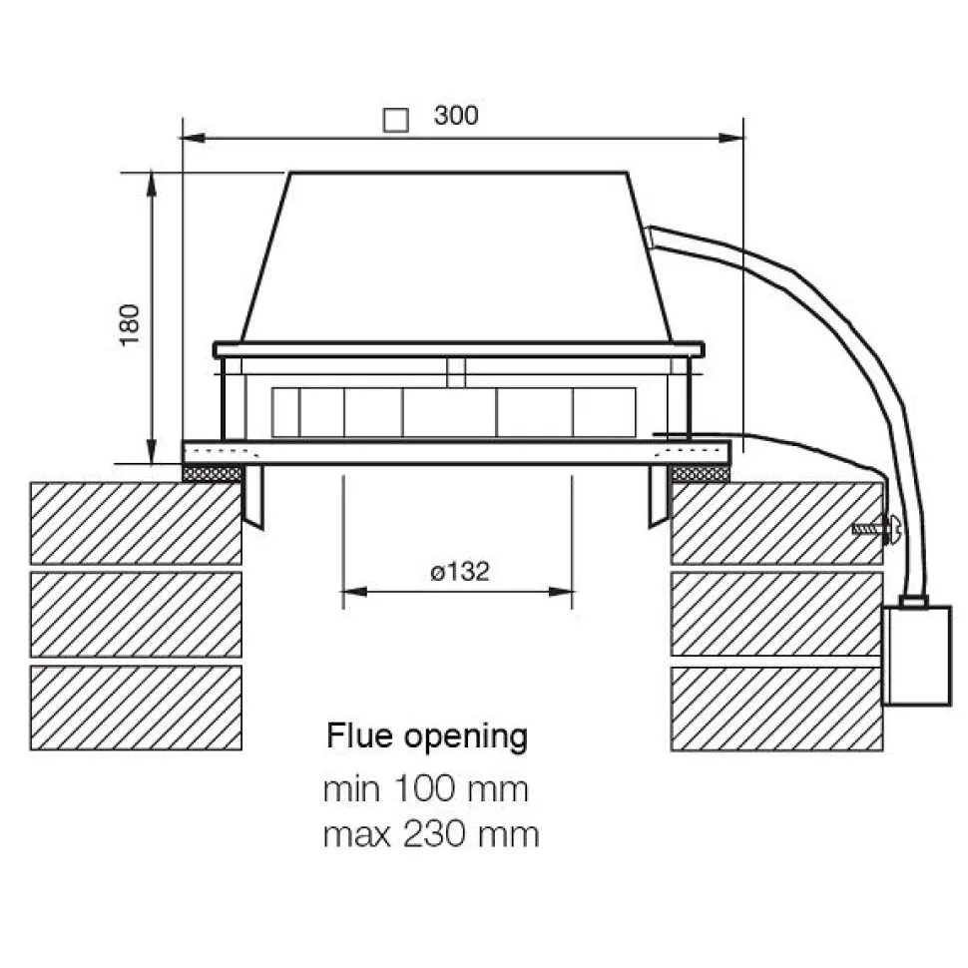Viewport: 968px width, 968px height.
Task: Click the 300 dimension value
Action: pos(456,116)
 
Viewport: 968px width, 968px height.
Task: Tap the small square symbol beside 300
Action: pos(396,121)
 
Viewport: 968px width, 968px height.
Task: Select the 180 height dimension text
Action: pos(130,325)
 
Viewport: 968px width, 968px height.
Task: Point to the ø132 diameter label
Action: pos(460,572)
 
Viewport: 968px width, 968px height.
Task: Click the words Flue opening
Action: pos(427,735)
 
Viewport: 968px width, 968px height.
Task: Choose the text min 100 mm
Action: pos(426,789)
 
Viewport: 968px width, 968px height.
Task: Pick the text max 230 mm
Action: pos(431,834)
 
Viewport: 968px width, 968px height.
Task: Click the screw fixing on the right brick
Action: pos(876,529)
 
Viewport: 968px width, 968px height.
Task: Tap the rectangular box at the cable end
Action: pos(917,656)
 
